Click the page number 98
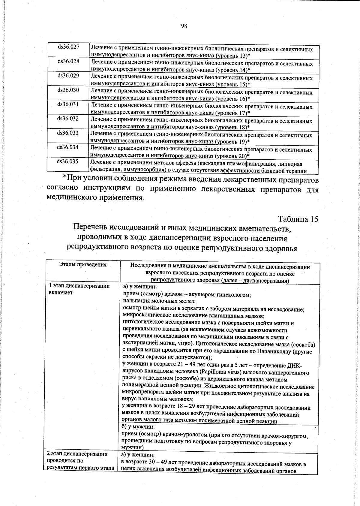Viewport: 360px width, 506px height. pyautogui.click(x=184, y=26)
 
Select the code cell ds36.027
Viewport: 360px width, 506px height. pyautogui.click(x=68, y=47)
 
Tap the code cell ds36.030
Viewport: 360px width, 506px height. pyautogui.click(x=68, y=90)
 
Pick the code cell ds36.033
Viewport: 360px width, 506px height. pyautogui.click(x=68, y=133)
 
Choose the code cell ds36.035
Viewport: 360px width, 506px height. pyautogui.click(x=68, y=161)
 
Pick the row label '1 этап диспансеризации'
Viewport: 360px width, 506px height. pyautogui.click(x=79, y=286)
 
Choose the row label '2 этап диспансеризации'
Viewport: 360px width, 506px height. pyautogui.click(x=78, y=454)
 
